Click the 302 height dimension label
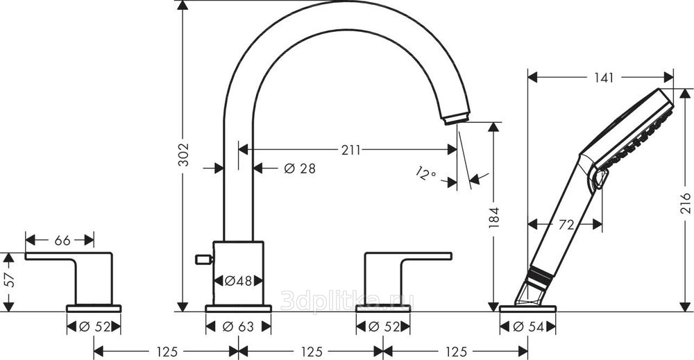click(183, 155)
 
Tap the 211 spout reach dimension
click(351, 150)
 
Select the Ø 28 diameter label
click(300, 168)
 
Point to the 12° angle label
click(426, 173)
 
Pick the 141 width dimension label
click(604, 78)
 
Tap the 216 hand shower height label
click(685, 203)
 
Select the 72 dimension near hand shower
click(566, 225)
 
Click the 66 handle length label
click(62, 240)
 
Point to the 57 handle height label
click(9, 280)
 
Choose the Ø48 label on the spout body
click(237, 281)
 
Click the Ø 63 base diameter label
click(238, 327)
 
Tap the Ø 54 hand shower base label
click(527, 327)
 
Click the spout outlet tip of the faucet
click(456, 119)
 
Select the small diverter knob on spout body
click(203, 259)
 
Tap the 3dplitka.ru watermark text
click(348, 301)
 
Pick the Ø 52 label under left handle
click(94, 327)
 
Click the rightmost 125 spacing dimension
click(456, 352)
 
